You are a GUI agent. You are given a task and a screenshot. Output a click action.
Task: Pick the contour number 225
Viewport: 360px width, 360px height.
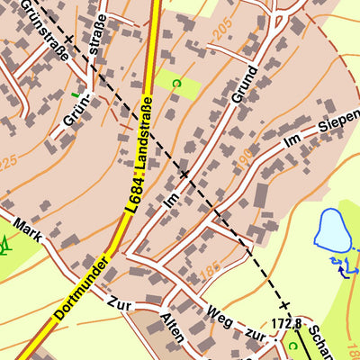(x=8, y=162)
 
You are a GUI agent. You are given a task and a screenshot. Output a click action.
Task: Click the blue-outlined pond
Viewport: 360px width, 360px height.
(x=332, y=230)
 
